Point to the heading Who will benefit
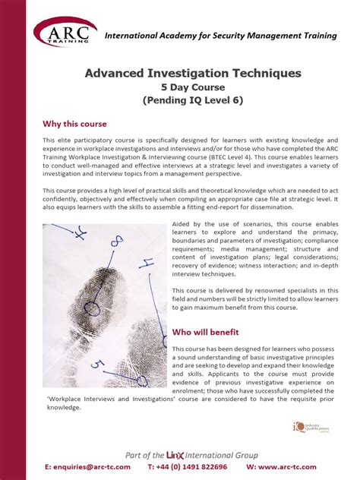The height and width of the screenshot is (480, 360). [x=206, y=332]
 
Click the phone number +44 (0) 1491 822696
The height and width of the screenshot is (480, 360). [x=187, y=466]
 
